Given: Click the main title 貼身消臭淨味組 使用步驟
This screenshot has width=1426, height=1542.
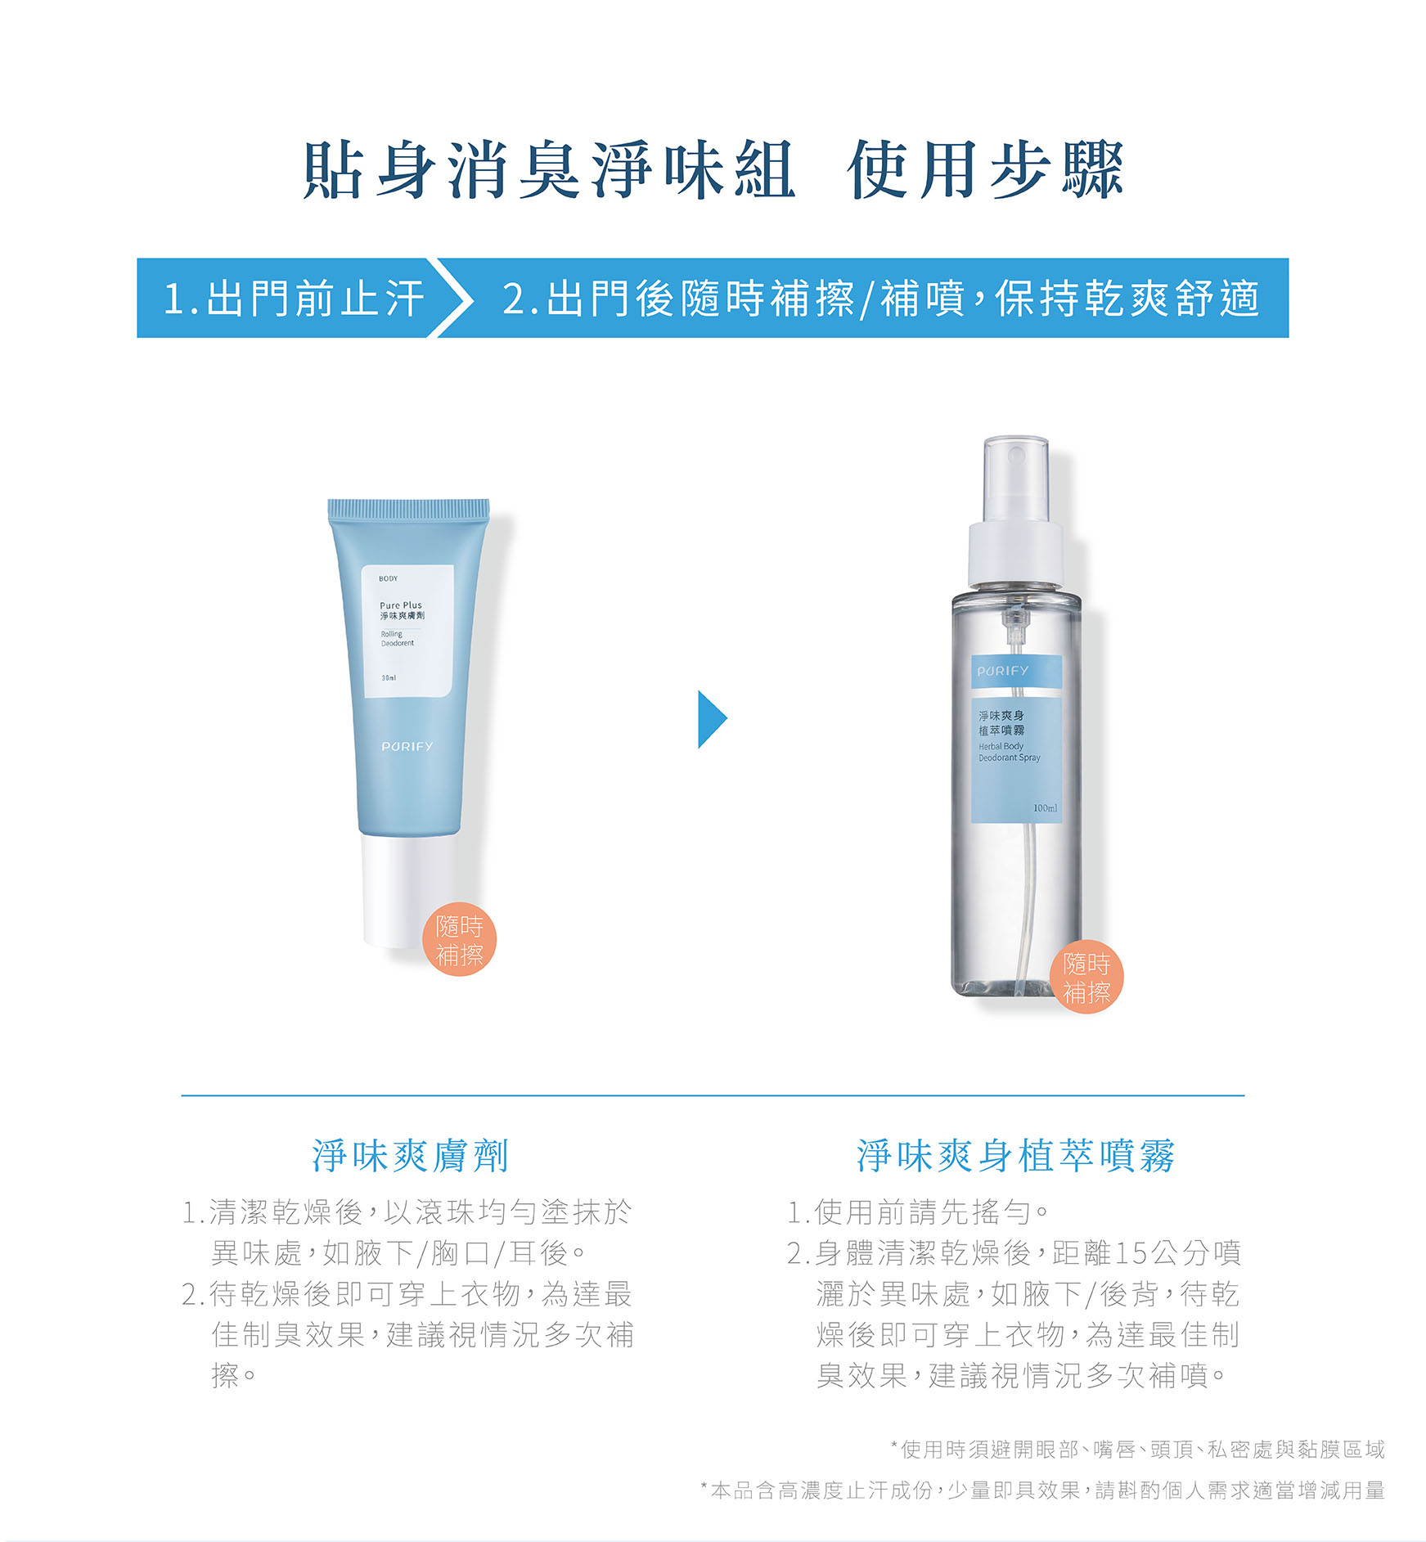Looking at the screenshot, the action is (713, 170).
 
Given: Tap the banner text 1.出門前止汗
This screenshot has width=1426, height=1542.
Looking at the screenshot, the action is (294, 298).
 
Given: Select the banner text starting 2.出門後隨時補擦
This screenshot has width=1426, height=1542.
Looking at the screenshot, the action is (880, 298).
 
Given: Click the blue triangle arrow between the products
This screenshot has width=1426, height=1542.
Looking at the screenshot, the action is (712, 719).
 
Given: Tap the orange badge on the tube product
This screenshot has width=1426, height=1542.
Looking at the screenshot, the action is (459, 940).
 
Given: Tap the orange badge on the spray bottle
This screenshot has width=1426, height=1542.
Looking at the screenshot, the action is (1086, 977).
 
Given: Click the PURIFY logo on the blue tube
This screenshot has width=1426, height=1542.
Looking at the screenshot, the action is (407, 746).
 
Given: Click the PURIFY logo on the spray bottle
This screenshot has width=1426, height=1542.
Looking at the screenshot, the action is (1003, 671).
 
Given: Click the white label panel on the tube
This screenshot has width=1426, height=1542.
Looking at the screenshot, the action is (408, 631).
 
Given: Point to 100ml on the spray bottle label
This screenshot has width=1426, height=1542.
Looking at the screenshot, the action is (1045, 808).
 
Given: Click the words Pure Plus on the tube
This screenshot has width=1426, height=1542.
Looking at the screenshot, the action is (401, 605).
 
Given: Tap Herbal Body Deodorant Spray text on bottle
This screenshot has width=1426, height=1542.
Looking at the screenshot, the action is (1010, 752).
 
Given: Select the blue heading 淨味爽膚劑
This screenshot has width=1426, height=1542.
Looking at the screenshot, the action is (411, 1156).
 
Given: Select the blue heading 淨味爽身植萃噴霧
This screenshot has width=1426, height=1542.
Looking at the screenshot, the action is (1015, 1156).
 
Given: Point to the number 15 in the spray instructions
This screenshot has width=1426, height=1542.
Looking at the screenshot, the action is (1131, 1252).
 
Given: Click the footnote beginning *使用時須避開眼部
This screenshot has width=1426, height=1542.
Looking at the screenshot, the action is (1138, 1450).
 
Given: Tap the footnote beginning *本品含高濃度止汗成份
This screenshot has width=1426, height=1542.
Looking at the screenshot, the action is (1043, 1490).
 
